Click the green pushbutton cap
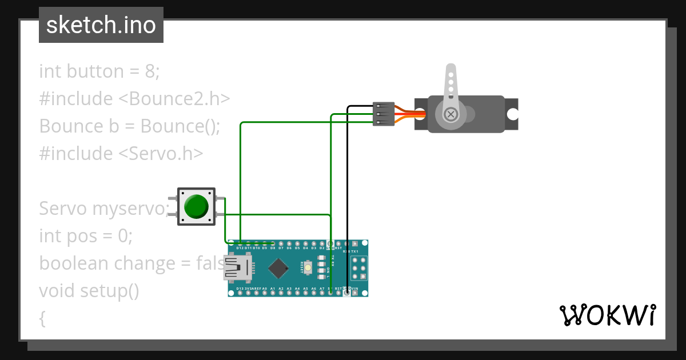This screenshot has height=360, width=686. [197, 206]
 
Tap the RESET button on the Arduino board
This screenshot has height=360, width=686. [308, 267]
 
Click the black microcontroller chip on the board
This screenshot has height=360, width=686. [278, 268]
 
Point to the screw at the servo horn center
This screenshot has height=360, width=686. [452, 114]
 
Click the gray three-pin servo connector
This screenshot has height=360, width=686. [383, 114]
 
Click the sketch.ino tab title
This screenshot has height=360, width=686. [101, 25]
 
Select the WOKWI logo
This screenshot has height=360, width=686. [607, 315]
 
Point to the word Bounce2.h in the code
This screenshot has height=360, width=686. [174, 99]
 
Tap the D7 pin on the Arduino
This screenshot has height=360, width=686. [281, 244]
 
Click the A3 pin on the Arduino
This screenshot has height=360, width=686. [289, 293]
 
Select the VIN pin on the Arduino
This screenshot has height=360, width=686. [355, 293]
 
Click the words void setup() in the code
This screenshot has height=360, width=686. [89, 291]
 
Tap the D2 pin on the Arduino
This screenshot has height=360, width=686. [322, 244]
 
